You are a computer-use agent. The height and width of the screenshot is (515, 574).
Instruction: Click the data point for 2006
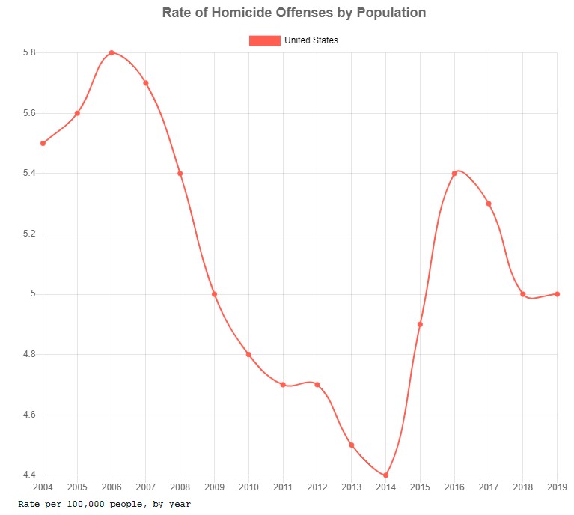click(112, 53)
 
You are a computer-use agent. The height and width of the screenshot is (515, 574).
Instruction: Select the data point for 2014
click(385, 475)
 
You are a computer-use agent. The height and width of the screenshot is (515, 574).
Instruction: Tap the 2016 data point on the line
click(454, 174)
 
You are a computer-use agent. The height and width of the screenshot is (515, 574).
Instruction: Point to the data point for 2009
click(214, 294)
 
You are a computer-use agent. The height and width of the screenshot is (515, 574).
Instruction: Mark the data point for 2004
click(43, 143)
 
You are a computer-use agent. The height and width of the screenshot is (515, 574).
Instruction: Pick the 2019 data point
click(557, 294)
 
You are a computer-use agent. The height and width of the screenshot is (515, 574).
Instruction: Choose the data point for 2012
click(317, 385)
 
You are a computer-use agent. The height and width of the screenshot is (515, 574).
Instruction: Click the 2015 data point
click(420, 324)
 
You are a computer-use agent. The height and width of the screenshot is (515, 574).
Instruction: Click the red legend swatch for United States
click(264, 40)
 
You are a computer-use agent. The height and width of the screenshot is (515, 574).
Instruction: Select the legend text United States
click(311, 40)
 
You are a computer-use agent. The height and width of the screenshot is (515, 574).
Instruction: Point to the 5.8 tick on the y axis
click(31, 53)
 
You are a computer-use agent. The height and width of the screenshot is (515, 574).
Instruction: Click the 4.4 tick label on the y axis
click(31, 475)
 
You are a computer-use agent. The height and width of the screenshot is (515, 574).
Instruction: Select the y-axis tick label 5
click(34, 294)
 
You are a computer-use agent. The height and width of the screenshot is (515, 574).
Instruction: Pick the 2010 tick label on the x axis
click(248, 488)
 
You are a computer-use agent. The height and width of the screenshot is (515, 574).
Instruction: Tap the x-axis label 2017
click(489, 488)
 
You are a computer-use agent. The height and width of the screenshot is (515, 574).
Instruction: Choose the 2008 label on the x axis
click(180, 488)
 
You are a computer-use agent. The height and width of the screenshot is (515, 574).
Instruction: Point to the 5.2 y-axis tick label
click(31, 234)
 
